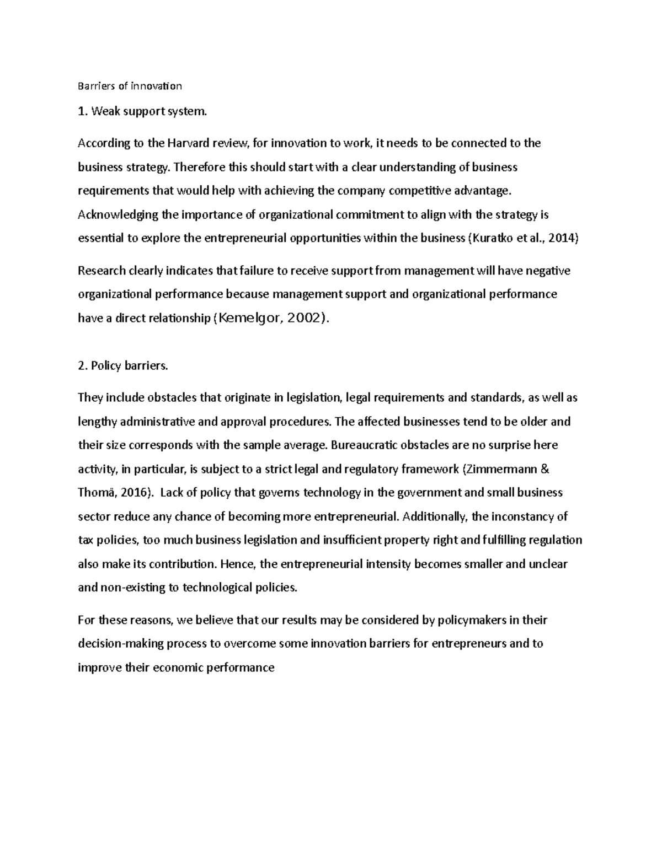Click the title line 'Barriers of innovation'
pyautogui.click(x=130, y=86)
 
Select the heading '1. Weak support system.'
pyautogui.click(x=143, y=111)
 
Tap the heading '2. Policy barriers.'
pyautogui.click(x=123, y=365)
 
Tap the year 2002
pyautogui.click(x=304, y=318)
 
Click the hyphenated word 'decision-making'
pyautogui.click(x=117, y=644)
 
